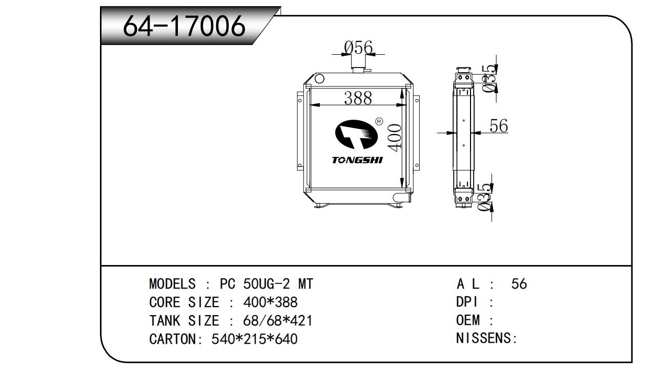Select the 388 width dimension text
[358, 98]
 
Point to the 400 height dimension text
[395, 137]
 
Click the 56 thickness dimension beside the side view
[498, 125]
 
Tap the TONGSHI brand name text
[357, 161]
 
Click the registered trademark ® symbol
[379, 121]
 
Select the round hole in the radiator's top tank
[319, 79]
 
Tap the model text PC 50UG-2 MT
[267, 283]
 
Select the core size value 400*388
[270, 302]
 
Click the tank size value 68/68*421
[278, 321]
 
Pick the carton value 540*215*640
[254, 339]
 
